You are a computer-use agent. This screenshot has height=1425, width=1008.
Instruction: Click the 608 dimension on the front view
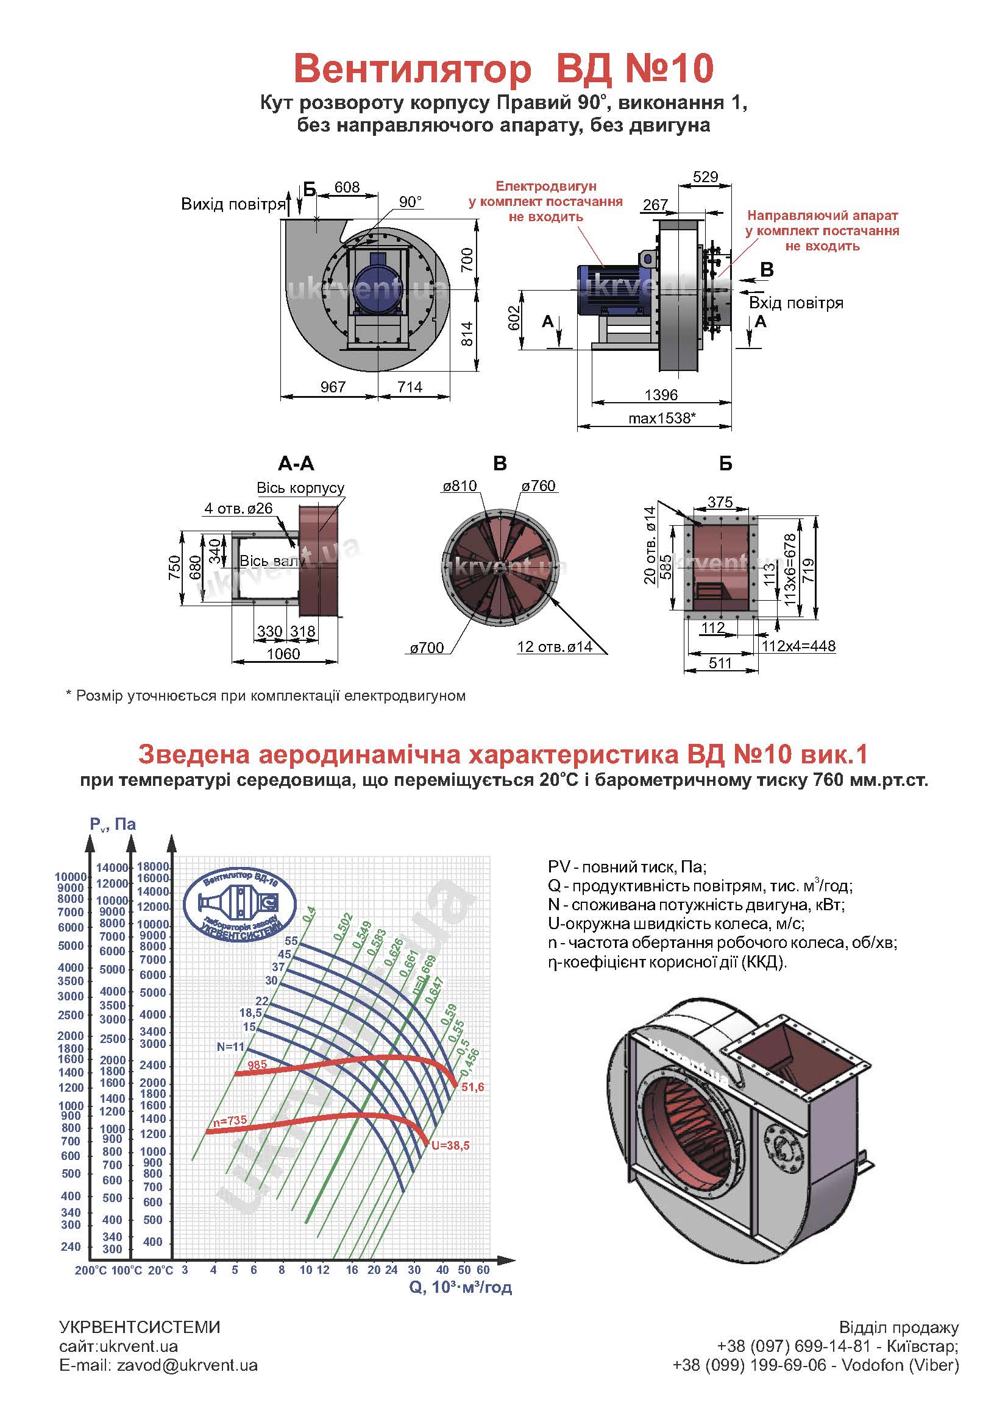[x=347, y=187]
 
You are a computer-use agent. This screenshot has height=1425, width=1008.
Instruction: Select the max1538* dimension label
[x=662, y=418]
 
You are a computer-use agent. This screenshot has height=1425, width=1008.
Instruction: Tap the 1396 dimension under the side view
[x=661, y=395]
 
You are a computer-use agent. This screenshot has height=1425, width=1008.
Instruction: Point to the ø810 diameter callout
[x=460, y=486]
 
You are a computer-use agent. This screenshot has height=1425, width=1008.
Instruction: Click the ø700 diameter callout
[x=427, y=648]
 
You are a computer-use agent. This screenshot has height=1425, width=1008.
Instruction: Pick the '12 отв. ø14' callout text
[x=554, y=647]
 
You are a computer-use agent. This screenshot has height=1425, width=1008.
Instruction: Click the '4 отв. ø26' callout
[x=238, y=508]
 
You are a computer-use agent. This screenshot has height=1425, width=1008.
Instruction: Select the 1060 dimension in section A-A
[x=283, y=654]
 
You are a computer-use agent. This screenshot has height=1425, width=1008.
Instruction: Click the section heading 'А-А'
[x=296, y=464]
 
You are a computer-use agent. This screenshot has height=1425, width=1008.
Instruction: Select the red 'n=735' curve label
[x=230, y=1121]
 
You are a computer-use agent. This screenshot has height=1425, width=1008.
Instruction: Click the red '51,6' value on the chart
[x=472, y=1087]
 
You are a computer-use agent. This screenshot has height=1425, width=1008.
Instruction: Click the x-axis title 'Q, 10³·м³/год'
[x=460, y=1287]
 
